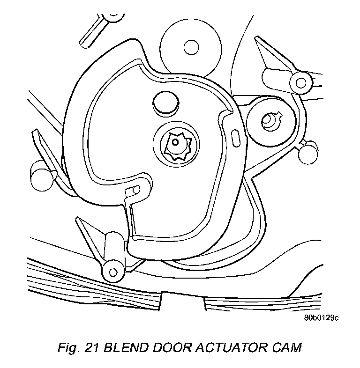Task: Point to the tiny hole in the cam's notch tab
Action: (136, 189)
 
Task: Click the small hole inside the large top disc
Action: (190, 46)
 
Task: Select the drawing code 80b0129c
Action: (321, 318)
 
